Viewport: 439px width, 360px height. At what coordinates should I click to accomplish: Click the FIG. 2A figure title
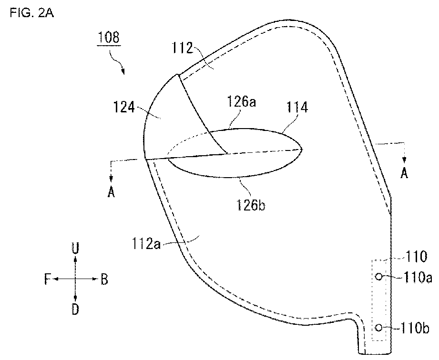coord(31,13)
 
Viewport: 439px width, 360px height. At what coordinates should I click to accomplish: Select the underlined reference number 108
coord(109,38)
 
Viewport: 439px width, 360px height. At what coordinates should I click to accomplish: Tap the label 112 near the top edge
coord(182,48)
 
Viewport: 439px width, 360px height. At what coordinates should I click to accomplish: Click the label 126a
coord(241,101)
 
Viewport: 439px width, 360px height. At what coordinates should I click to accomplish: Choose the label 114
coord(297,107)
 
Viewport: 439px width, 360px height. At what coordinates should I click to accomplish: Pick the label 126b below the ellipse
coord(250,206)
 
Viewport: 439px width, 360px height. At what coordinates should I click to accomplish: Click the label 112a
coord(146,244)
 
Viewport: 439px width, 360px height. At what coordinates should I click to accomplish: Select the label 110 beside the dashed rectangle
coord(416,257)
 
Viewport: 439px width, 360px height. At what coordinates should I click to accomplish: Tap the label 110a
coord(418,278)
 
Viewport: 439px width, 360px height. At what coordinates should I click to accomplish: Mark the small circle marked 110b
coord(379,327)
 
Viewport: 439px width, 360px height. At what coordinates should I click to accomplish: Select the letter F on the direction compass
coord(48,279)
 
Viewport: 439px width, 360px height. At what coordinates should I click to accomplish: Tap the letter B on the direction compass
coord(104,279)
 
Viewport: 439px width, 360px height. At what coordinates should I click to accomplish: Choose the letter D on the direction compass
coord(75,310)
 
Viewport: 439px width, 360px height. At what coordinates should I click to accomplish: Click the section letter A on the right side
coord(404,173)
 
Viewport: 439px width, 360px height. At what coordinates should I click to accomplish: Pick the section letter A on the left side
coord(111,192)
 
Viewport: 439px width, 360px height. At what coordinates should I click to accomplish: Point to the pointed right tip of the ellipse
coord(302,149)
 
